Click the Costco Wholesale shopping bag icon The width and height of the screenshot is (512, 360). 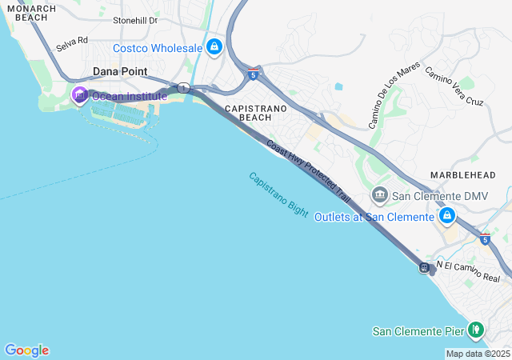[214, 48]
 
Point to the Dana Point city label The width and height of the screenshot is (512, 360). [120, 71]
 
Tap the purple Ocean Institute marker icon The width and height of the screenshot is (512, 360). [79, 96]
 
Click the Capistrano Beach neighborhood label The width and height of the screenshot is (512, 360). [248, 112]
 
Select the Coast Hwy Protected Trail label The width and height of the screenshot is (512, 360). [308, 172]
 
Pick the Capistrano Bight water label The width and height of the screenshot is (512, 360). [278, 194]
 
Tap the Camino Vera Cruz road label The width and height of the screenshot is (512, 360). [454, 86]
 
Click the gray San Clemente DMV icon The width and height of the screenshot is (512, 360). [379, 195]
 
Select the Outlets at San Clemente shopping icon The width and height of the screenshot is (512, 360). [447, 216]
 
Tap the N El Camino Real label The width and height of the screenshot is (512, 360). [467, 272]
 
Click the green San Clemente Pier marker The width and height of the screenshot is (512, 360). [476, 329]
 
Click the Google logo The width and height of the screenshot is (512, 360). [26, 350]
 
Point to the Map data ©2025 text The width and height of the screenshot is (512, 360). [478, 354]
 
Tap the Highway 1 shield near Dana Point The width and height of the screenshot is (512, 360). [183, 88]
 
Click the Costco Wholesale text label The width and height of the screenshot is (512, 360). [158, 48]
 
